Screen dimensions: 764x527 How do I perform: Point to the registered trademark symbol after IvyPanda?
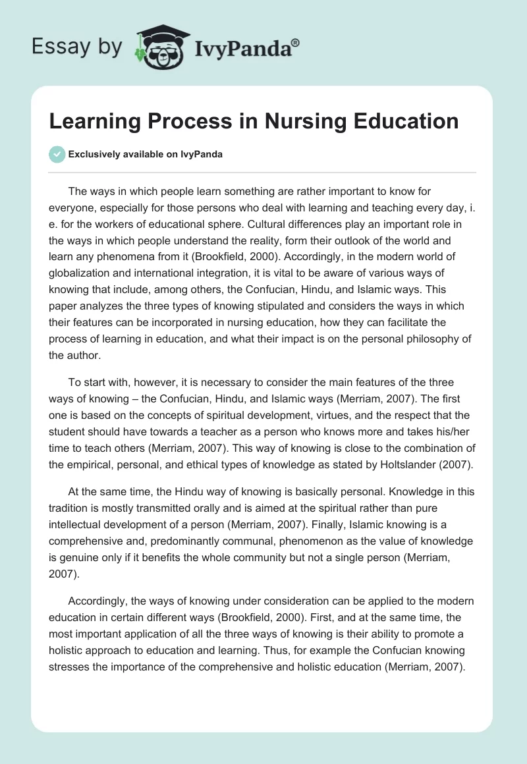[x=296, y=42]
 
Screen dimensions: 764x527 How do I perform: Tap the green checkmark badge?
[x=57, y=154]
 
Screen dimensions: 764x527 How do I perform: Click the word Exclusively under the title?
[x=93, y=154]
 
